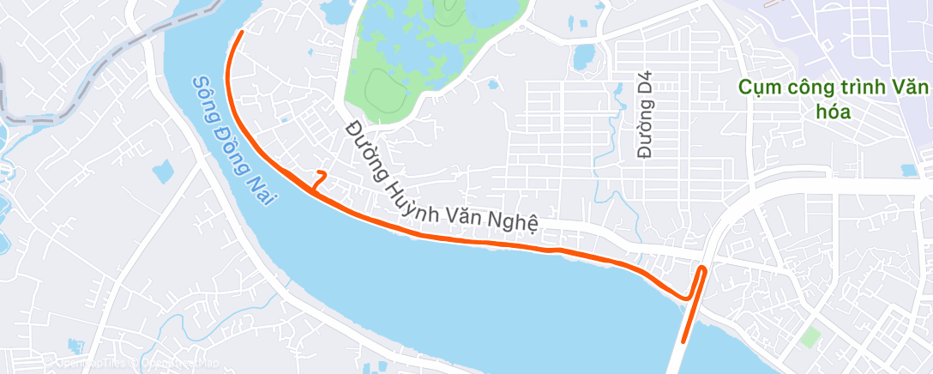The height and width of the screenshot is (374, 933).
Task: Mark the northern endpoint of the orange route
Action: (x=242, y=32)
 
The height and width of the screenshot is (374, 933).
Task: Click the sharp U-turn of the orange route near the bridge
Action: (x=702, y=269)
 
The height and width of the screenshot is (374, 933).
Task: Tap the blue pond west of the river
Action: (x=163, y=172)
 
